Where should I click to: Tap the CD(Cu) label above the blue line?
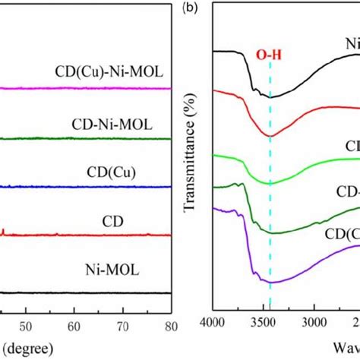click(x=106, y=172)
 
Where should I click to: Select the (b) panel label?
click(x=190, y=10)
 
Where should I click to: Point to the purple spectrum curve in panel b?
click(x=304, y=270)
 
